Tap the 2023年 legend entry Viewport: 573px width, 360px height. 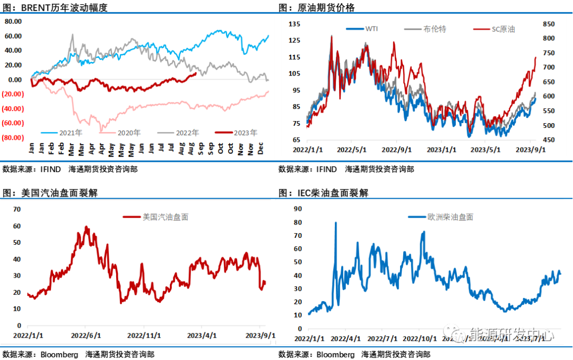coord(245,133)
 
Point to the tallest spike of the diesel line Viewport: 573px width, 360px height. coord(335,223)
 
